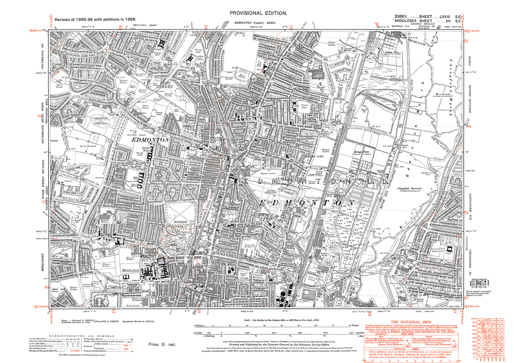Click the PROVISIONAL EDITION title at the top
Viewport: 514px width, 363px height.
(x=258, y=13)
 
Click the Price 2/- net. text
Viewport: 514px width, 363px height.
(x=162, y=344)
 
